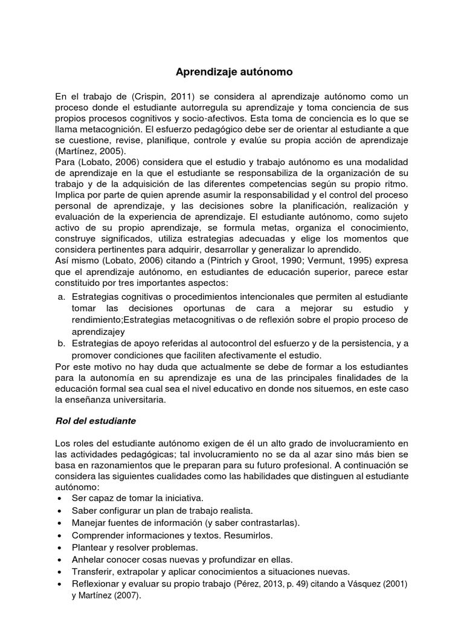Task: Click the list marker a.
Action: (61, 297)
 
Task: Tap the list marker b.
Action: (61, 343)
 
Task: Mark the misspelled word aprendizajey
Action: (97, 332)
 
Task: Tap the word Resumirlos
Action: (248, 535)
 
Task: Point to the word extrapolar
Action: (134, 572)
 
